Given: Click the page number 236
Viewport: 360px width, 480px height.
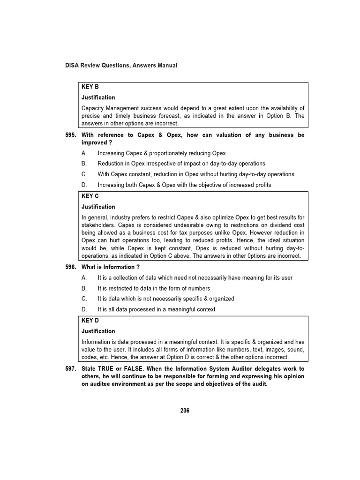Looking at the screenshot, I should click(x=185, y=411).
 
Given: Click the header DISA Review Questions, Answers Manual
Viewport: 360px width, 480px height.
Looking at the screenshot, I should click(x=121, y=66).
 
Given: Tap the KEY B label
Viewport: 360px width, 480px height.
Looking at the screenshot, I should click(x=90, y=87).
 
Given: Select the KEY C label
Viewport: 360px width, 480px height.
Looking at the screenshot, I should click(x=90, y=196).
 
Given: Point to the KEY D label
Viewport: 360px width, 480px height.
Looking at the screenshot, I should click(x=90, y=321).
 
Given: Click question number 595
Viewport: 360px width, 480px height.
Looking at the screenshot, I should click(x=70, y=135).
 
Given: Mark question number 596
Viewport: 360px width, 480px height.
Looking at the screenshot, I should click(x=70, y=267).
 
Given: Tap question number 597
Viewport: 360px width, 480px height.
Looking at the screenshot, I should click(x=70, y=369).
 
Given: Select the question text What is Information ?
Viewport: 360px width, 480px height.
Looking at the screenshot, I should click(x=111, y=267).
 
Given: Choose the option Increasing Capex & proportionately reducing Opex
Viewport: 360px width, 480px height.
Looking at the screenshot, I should click(x=162, y=153).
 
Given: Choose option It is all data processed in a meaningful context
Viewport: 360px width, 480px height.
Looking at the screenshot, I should click(x=157, y=309).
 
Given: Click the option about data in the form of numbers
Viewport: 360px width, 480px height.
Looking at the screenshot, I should click(x=154, y=288).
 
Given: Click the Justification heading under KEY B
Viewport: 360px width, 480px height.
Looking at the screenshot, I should click(x=98, y=97).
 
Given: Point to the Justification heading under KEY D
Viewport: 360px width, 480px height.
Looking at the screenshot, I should click(x=98, y=331).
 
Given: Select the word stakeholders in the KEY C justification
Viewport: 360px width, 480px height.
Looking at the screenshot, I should click(x=98, y=225).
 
